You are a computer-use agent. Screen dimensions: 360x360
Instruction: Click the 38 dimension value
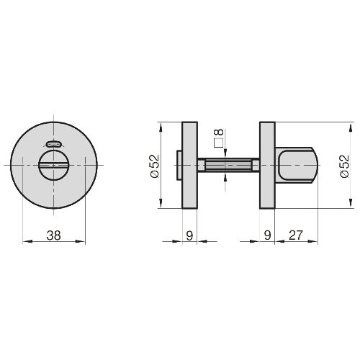54,235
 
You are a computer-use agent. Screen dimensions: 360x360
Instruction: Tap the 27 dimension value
296,235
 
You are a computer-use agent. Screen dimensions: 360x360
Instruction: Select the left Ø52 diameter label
155,166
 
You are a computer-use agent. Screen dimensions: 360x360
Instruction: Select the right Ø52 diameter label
345,166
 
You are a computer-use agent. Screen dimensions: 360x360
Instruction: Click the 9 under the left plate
189,235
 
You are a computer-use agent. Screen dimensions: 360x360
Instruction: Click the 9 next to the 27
267,235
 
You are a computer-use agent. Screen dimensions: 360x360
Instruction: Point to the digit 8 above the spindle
219,132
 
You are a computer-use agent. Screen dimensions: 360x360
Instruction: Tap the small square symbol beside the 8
218,143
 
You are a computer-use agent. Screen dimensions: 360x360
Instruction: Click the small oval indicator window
53,144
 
